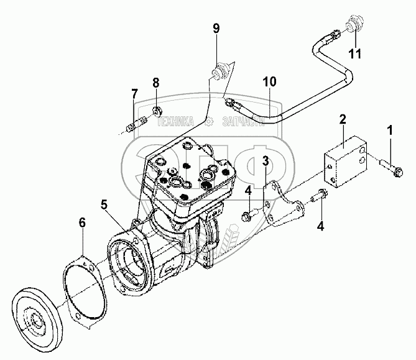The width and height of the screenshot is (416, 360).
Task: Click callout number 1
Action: pos(391,131)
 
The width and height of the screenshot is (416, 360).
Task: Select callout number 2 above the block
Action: pos(342,120)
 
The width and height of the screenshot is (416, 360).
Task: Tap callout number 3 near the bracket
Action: pos(266,162)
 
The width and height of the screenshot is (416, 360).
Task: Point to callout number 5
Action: pos(104,203)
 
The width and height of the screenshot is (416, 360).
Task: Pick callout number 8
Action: pos(156,83)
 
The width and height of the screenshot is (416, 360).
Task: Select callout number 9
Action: pos(216,28)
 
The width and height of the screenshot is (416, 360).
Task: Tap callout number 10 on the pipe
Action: pos(269,81)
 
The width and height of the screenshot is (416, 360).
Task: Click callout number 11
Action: pos(354,54)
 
